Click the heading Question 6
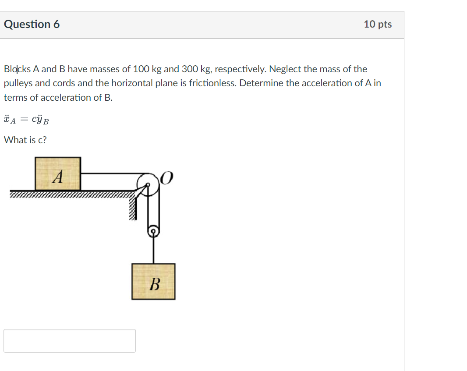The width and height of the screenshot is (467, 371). click(32, 24)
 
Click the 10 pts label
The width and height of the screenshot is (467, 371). click(377, 24)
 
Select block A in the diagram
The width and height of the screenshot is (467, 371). click(58, 174)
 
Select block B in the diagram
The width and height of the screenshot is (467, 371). click(153, 282)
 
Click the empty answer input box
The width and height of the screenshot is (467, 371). click(70, 341)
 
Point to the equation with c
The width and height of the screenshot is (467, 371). click(26, 120)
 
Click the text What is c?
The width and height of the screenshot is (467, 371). click(25, 140)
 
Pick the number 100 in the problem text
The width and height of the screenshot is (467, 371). click(141, 69)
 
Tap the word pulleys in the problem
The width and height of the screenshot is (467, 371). click(18, 83)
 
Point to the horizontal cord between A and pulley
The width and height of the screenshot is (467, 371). click(110, 173)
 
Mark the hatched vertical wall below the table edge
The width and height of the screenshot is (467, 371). click(133, 206)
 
